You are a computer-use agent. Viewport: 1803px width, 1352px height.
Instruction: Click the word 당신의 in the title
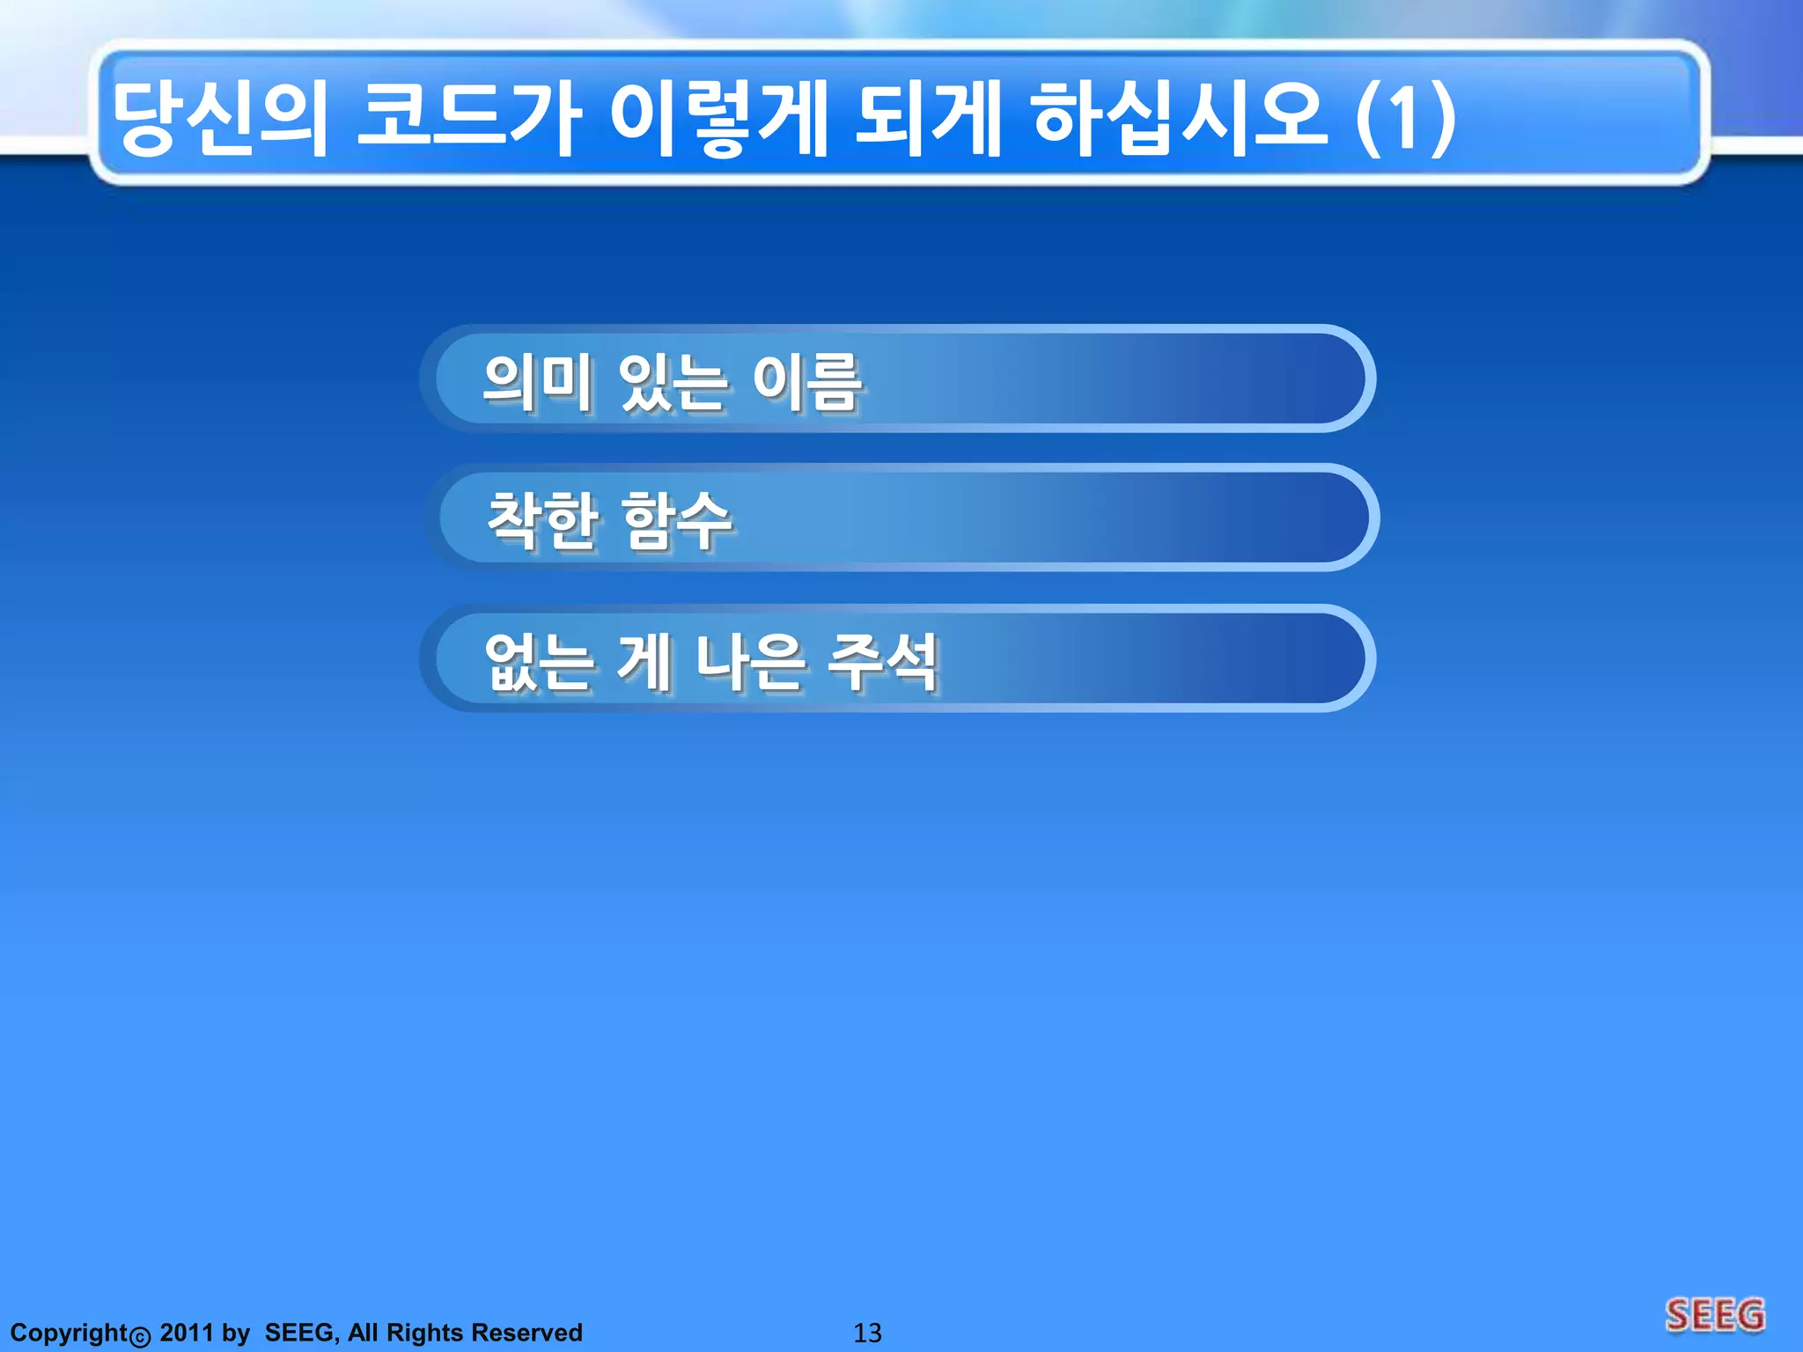220,119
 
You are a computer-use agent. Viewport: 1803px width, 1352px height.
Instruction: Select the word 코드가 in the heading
467,119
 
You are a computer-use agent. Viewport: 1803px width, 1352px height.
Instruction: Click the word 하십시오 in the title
1180,119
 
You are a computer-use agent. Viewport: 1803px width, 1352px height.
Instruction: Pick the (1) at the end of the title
1405,119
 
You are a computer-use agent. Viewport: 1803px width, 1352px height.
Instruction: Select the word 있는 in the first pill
673,382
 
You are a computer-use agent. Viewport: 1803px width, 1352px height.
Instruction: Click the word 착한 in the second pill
542,521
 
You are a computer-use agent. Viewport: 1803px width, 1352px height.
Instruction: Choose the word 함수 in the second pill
676,521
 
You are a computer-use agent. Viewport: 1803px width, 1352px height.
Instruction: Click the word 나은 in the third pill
749,662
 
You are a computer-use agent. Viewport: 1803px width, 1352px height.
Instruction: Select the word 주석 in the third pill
883,662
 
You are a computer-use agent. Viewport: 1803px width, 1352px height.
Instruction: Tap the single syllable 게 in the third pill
645,662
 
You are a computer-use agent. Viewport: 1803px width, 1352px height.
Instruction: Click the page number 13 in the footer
867,1333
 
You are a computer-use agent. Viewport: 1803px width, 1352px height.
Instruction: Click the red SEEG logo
1715,1316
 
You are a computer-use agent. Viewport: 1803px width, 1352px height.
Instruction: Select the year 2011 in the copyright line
187,1333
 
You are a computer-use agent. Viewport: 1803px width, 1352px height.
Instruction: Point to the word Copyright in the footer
70,1333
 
